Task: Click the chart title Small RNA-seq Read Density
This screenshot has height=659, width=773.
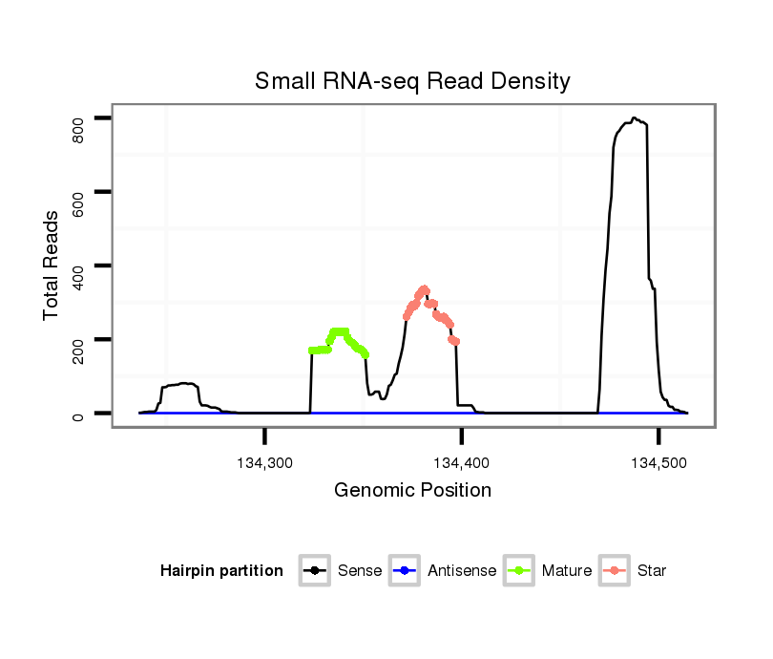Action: (x=412, y=81)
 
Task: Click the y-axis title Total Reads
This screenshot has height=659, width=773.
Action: (x=52, y=266)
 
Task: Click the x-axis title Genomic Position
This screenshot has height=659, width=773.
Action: (x=412, y=491)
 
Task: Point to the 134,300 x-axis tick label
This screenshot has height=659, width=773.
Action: (x=264, y=463)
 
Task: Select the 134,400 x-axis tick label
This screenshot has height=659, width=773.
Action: (x=462, y=463)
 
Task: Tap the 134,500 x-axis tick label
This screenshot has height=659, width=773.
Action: (x=658, y=463)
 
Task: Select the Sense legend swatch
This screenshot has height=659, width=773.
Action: (x=315, y=571)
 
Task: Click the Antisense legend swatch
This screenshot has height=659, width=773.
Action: (x=405, y=571)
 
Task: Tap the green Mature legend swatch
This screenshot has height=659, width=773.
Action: (x=519, y=571)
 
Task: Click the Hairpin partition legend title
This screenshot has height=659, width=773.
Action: (x=221, y=571)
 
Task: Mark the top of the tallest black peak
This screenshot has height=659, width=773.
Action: (x=634, y=118)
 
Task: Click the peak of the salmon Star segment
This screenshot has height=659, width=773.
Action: (x=423, y=289)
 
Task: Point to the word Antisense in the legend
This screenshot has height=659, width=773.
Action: (x=462, y=571)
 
